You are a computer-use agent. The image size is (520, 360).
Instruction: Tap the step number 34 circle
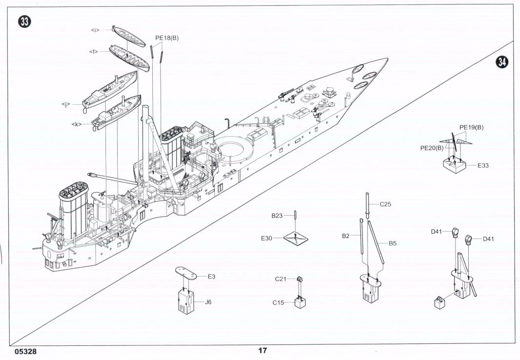point(502,62)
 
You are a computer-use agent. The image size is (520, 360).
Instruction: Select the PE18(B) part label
point(167,38)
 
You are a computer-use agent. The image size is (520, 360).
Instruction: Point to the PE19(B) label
point(471,127)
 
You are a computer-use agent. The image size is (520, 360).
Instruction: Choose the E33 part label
point(483,165)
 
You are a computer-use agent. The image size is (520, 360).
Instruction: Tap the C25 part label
point(385,204)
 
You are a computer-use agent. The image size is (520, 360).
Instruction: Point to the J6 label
point(208,302)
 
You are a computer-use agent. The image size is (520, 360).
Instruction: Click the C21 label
point(280,279)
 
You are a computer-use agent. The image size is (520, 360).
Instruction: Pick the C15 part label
point(279,303)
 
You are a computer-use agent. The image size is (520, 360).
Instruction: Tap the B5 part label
point(393,243)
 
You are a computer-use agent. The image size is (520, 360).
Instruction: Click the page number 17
point(263,350)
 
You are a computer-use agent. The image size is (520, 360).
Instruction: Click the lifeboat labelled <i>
point(128,36)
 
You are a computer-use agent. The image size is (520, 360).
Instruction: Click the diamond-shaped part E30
point(296,239)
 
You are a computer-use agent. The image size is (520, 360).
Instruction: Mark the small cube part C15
point(299,302)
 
